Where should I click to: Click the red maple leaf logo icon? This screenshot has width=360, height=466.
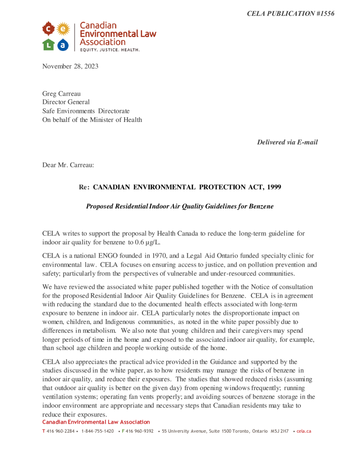tap(49, 30)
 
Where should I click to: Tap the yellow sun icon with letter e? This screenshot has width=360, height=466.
tap(63, 30)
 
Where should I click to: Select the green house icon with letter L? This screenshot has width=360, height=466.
tap(49, 45)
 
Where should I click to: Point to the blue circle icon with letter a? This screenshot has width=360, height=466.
tap(63, 45)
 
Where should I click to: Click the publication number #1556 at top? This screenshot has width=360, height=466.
tap(325, 14)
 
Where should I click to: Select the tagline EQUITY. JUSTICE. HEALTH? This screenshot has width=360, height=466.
tap(110, 50)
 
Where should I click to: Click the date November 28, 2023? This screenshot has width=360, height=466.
tap(70, 66)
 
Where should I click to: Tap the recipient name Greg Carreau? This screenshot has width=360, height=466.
tap(61, 94)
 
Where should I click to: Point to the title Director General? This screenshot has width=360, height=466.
tap(66, 102)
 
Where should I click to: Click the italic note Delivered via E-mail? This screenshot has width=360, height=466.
tap(287, 142)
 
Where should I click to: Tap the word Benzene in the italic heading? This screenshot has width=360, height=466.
tap(261, 206)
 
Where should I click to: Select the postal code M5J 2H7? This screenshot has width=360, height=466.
tap(280, 431)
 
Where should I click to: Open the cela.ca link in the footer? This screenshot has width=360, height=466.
tap(304, 431)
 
